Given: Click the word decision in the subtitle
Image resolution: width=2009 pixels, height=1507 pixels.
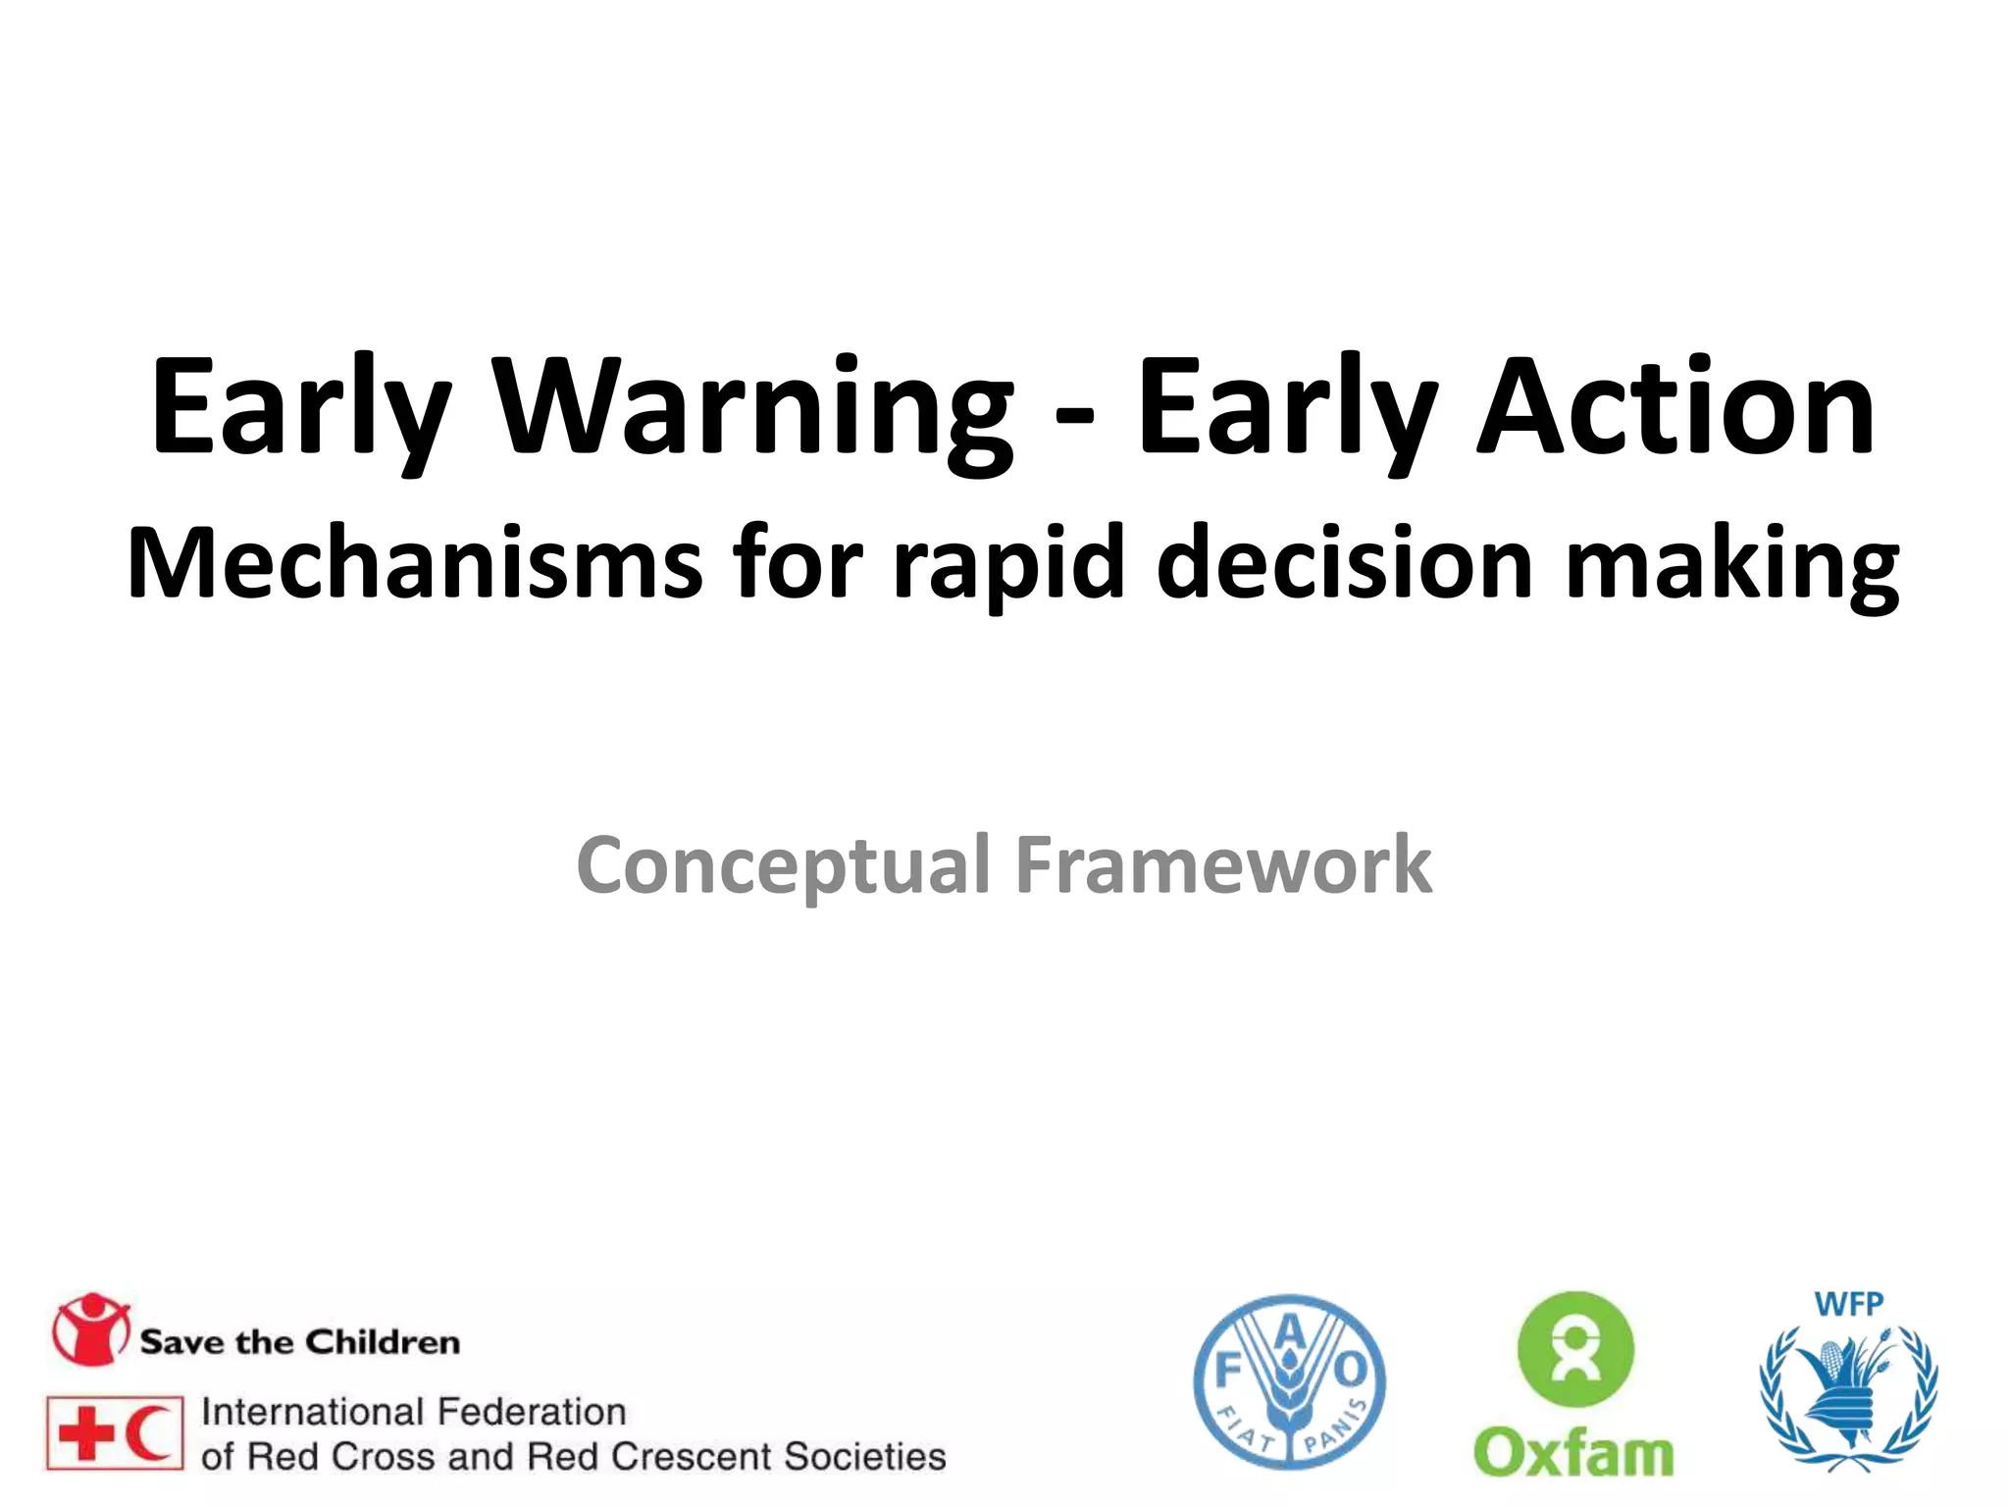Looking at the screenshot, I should coord(1344,564).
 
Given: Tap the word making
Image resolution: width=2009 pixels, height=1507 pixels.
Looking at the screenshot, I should coord(1731,567).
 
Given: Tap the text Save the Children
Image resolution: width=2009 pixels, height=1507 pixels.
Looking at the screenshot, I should coord(299,1342).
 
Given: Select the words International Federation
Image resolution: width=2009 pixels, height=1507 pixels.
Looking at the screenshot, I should coord(413,1412).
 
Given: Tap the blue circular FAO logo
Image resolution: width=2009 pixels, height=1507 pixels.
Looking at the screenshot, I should coord(1289,1382).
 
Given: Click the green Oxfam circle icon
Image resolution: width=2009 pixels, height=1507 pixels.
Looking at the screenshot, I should coord(1575,1351).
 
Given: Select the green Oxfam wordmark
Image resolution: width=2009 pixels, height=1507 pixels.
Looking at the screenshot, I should coord(1573,1452).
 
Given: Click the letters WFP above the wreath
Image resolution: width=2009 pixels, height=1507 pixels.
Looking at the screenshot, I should coord(1848,1305).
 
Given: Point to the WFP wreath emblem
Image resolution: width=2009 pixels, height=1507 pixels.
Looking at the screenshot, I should coord(1848,1398).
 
